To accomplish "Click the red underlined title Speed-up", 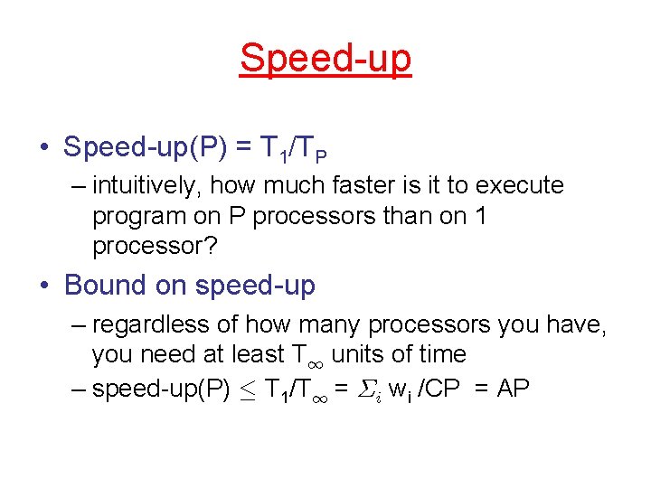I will (325, 59).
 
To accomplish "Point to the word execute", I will (517, 186).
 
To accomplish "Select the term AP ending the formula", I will (513, 389).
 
